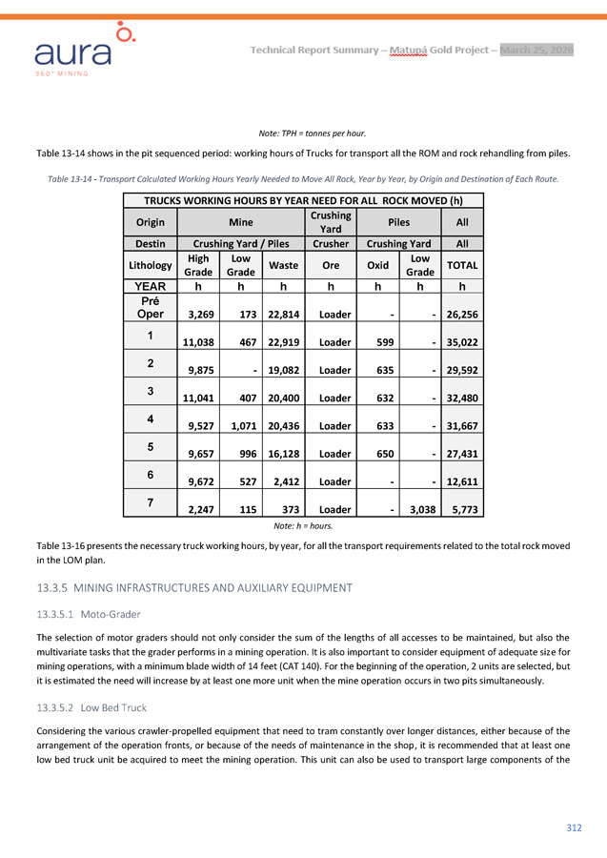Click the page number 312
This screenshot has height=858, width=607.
[574, 827]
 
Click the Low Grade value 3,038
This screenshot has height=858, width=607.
[418, 509]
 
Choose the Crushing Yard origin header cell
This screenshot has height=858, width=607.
[330, 223]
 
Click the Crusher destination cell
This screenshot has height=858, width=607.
[330, 244]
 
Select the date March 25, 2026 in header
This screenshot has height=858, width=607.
[537, 50]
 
